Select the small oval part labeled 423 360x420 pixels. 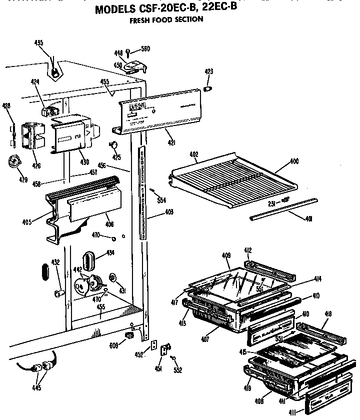point(208,88)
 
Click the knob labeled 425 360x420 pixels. point(114,145)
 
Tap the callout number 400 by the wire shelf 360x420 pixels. point(294,162)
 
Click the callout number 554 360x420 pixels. point(161,200)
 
